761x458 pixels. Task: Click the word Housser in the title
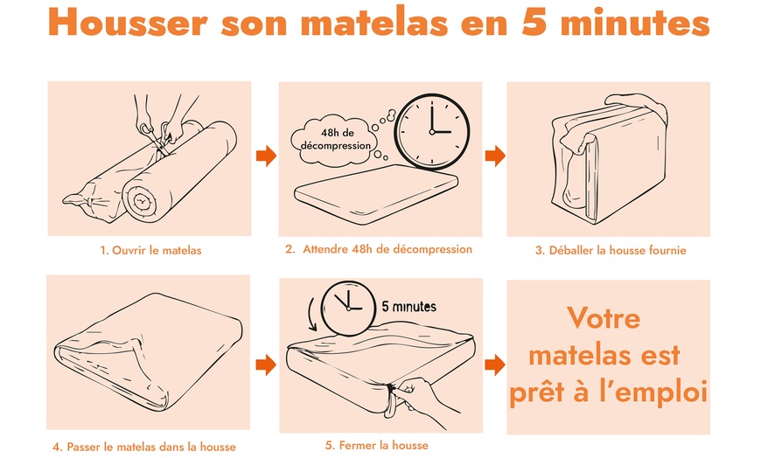tap(128, 22)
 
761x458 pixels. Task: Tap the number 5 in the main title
tap(535, 21)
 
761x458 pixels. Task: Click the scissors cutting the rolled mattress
tap(157, 137)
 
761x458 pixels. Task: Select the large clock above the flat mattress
tap(431, 131)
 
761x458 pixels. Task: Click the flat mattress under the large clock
tap(376, 193)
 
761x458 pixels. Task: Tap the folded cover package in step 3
tap(610, 159)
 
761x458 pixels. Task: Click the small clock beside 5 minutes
tap(348, 309)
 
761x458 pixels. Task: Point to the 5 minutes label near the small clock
tap(408, 307)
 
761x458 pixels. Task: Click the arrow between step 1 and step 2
tap(266, 156)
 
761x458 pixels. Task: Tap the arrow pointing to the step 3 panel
tap(495, 156)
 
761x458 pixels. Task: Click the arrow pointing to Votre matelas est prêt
tap(494, 364)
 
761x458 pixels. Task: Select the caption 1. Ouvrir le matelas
tap(150, 250)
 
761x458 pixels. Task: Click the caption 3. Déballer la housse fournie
tap(611, 250)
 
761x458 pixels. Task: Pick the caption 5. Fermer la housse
tap(377, 446)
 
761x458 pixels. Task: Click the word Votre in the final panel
tap(604, 318)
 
